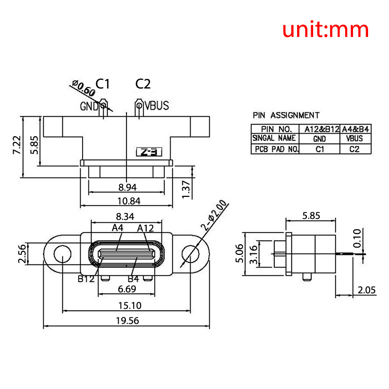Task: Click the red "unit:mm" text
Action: click(326, 30)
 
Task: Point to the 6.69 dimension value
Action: click(126, 289)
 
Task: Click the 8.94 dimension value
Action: click(128, 187)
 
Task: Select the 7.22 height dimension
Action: click(17, 145)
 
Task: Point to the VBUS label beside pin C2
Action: click(157, 106)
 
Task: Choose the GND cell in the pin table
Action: click(319, 139)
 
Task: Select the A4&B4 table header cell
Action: click(356, 129)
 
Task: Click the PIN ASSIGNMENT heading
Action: click(286, 115)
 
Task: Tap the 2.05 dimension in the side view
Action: click(367, 290)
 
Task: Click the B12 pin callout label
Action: click(86, 279)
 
